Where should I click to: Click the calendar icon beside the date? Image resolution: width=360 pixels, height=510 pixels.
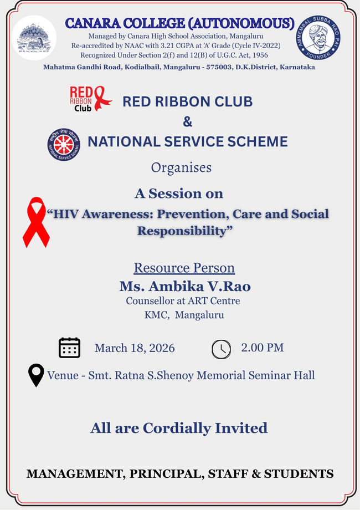69,348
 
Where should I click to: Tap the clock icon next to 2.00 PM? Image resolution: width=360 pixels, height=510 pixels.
222,349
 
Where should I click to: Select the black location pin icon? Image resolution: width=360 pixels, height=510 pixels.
36,375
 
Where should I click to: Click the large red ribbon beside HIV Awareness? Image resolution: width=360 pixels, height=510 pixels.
36,222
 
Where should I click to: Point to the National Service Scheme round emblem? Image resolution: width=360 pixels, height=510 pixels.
64,145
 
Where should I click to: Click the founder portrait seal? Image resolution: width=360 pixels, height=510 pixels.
318,37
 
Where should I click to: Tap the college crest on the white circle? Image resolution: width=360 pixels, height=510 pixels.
34,38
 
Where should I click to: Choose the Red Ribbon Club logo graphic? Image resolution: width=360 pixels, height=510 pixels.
91,99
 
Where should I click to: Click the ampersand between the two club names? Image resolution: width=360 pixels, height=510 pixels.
187,121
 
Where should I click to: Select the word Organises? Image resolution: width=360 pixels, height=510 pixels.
181,168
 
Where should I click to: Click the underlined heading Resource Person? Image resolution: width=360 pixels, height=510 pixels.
184,268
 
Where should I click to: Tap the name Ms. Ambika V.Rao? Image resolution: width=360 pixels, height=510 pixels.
185,286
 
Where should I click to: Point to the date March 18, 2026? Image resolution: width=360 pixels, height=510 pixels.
135,348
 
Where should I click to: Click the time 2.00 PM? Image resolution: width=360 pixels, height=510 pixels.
262,348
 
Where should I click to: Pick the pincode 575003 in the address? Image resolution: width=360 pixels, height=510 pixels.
219,67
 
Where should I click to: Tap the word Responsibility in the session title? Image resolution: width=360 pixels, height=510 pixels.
182,231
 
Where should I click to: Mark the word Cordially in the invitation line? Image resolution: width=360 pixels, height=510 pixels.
177,428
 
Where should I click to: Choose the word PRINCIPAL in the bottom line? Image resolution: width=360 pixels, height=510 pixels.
167,473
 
